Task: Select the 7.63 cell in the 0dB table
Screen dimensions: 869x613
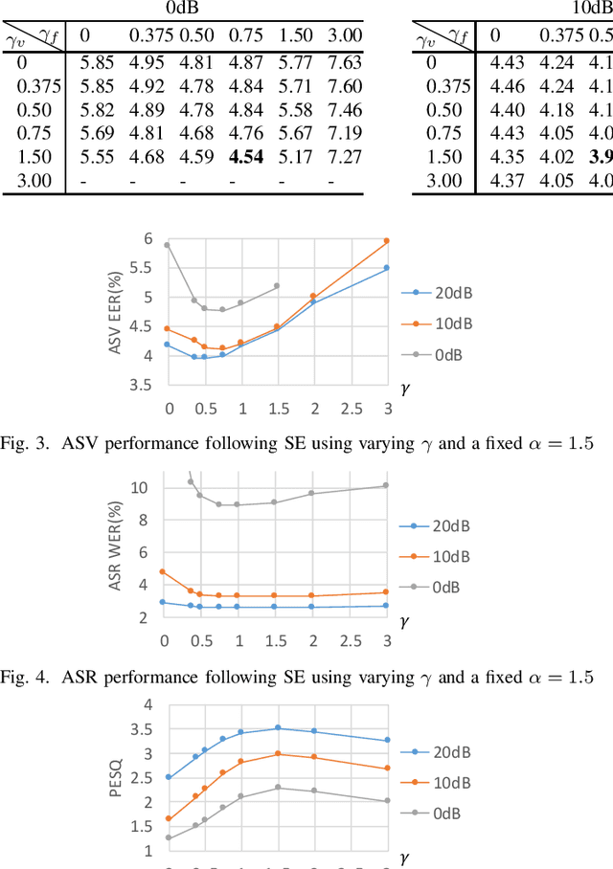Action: click(344, 63)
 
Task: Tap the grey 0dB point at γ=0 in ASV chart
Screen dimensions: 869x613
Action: click(167, 245)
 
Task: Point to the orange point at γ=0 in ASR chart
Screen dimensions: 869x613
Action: click(163, 572)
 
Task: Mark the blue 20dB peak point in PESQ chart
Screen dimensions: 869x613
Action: click(278, 728)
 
